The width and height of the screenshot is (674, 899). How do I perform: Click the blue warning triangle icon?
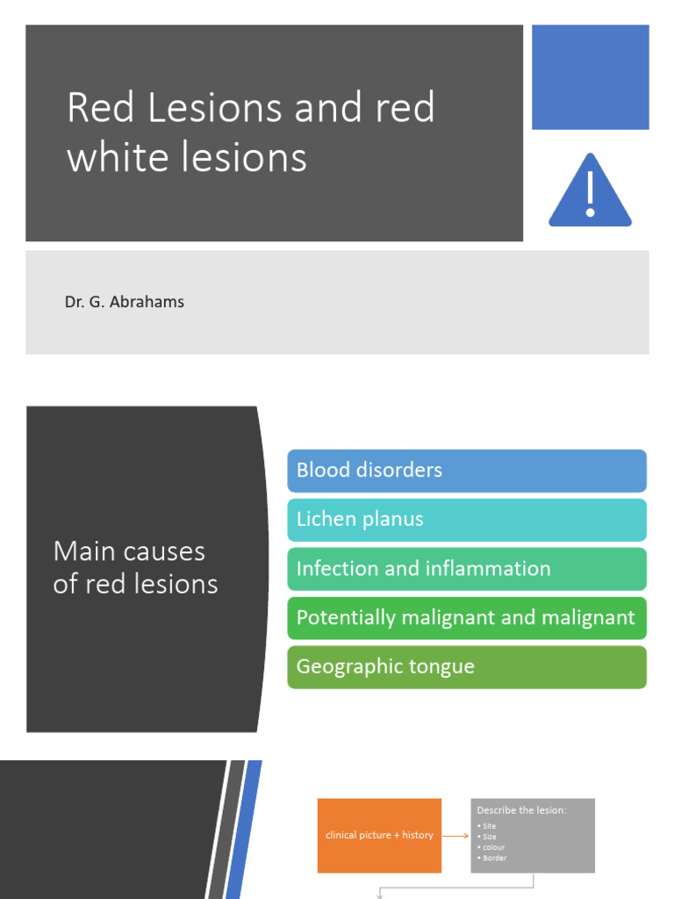coord(590,192)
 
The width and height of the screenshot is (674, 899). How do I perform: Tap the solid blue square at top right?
coord(591,77)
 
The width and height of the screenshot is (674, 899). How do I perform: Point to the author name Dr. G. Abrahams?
coord(125,302)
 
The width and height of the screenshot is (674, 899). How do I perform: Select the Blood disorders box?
coord(467,471)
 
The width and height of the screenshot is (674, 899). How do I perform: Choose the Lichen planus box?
coord(467,520)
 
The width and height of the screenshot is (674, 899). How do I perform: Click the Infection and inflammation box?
coord(467,569)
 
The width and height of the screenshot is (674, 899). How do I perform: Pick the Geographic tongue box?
coord(467,667)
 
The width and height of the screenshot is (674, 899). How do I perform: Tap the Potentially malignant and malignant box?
coord(467,618)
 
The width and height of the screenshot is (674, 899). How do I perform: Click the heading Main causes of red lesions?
coord(135,568)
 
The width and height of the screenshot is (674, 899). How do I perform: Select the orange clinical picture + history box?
coord(379,835)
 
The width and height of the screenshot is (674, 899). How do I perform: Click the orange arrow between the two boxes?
coord(455,836)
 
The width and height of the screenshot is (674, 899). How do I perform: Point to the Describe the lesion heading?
coord(521,810)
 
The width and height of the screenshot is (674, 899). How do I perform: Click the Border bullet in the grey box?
coord(495,858)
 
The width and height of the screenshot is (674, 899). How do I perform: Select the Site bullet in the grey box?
coord(491,826)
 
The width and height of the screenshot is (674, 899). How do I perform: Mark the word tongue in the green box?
coord(445,666)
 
